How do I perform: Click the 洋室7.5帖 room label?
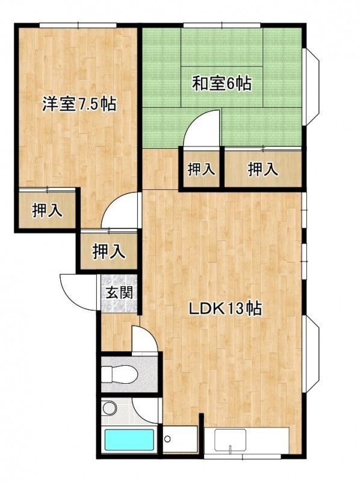tap(79, 104)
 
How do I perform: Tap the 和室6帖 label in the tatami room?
tap(222, 83)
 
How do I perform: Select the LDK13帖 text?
tap(225, 308)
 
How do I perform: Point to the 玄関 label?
tap(119, 292)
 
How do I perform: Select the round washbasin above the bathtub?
tap(110, 408)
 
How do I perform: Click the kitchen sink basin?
tap(231, 440)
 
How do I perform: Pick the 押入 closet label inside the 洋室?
tap(48, 210)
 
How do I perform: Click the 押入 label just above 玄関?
tap(109, 251)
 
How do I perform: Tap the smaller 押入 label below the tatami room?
tap(201, 169)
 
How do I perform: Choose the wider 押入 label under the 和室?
tap(263, 169)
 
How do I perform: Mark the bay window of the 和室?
tap(311, 86)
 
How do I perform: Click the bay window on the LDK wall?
tap(311, 354)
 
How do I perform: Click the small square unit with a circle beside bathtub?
tap(180, 439)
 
